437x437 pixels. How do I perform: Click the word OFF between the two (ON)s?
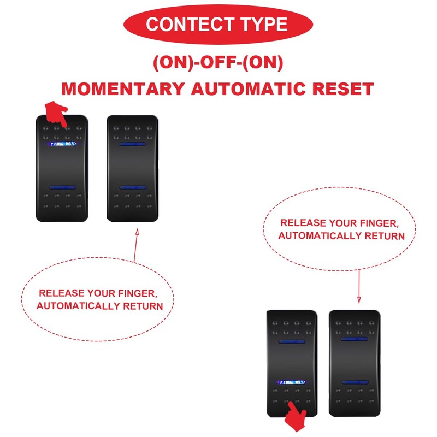click(x=218, y=63)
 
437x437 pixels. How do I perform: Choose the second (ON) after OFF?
click(x=263, y=63)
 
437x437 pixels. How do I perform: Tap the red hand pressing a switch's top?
click(x=55, y=113)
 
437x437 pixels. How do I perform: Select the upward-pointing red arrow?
click(x=135, y=245)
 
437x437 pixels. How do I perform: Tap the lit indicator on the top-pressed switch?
click(x=62, y=145)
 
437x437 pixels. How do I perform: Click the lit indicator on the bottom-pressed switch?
click(x=292, y=382)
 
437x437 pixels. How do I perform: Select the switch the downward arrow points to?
click(x=355, y=363)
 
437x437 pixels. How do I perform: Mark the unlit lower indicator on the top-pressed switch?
click(x=62, y=187)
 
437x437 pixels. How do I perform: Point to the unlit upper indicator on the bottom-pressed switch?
click(x=292, y=341)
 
